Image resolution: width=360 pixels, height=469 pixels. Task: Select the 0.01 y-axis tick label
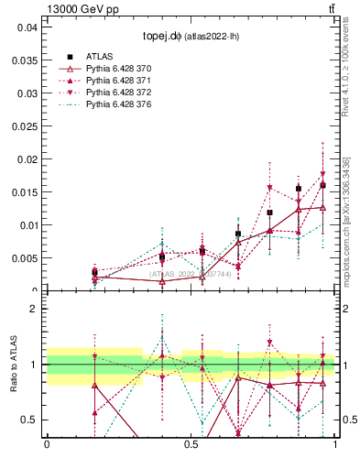click(x=27, y=225)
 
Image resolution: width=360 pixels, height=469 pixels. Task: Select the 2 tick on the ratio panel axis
click(x=34, y=309)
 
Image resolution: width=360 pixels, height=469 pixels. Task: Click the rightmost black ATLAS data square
click(x=322, y=185)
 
